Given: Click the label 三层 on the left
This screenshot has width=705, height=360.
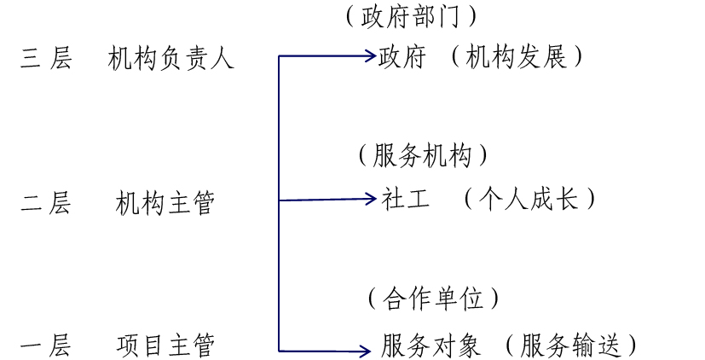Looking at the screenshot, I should pos(46,59).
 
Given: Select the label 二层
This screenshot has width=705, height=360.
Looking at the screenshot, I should pos(46,203).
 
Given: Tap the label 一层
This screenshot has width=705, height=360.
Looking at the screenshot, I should pos(46,345).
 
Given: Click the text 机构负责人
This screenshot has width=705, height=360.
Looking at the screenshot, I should pos(170,59).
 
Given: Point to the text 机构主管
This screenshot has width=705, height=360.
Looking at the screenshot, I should pos(165,203).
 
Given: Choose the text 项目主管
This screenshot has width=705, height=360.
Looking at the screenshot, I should pos(165,345).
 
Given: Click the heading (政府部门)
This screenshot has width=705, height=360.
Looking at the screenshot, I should pos(411,16).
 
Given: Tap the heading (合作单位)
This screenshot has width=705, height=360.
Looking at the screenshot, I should pos(433,298).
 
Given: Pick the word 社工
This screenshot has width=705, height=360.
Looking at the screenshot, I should pos(406,199).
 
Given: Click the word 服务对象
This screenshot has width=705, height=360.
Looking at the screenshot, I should pos(431,345).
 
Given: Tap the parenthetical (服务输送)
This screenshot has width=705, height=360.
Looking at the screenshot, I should pos(569,345).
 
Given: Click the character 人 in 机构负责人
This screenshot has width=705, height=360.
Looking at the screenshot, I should pos(222,59).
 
